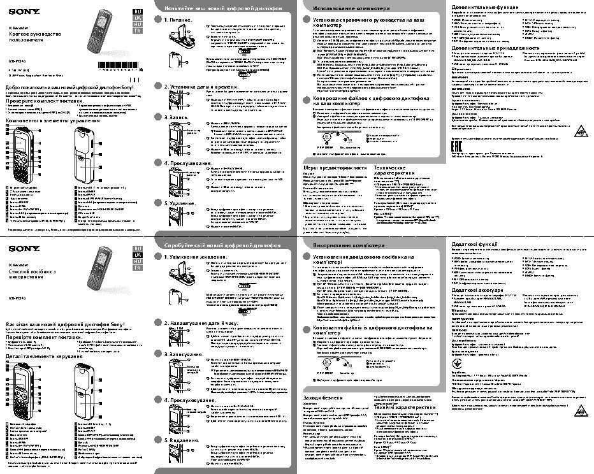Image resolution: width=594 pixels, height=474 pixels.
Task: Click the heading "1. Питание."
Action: (x=178, y=20)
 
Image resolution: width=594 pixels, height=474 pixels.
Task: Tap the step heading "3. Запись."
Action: (x=175, y=117)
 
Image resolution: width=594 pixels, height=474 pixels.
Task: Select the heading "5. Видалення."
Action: (x=182, y=440)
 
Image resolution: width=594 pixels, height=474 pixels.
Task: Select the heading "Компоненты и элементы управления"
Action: (x=52, y=120)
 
